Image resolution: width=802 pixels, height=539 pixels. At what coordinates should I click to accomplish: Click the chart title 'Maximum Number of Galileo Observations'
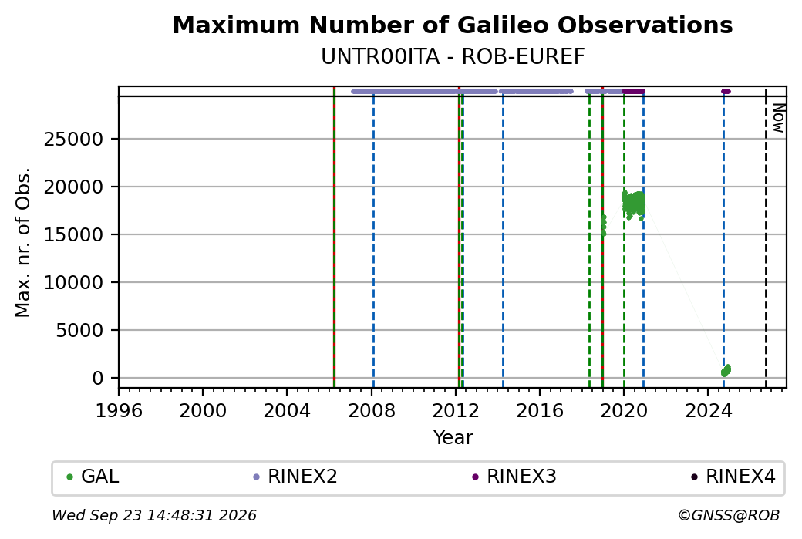click(x=453, y=25)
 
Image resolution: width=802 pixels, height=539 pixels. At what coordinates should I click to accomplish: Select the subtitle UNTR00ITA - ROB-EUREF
click(x=453, y=57)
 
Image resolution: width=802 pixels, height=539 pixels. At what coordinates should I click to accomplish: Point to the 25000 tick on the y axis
click(x=73, y=139)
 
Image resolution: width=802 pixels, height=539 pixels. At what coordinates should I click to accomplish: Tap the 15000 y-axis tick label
click(x=73, y=234)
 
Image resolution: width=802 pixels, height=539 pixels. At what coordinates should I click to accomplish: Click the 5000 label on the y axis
click(x=79, y=330)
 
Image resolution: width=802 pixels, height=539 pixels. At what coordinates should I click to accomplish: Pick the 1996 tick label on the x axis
click(x=119, y=410)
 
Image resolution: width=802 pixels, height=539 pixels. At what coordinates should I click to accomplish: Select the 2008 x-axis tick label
click(x=372, y=410)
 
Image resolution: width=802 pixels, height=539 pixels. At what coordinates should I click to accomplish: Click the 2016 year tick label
click(x=540, y=410)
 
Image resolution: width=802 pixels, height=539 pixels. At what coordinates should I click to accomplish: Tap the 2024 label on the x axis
click(x=708, y=410)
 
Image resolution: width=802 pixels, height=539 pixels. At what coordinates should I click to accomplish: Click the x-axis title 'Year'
click(x=453, y=438)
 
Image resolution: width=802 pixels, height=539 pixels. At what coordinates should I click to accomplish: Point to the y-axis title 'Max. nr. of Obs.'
click(x=23, y=242)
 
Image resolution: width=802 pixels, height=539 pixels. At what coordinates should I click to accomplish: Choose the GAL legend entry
click(x=93, y=477)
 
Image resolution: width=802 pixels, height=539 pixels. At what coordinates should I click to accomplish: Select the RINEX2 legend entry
click(x=295, y=477)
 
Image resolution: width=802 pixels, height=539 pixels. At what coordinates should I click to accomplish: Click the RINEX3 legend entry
click(x=514, y=477)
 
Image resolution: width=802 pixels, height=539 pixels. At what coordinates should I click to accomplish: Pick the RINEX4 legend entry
click(x=733, y=477)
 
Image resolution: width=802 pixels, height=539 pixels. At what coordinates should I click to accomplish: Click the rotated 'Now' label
click(x=778, y=118)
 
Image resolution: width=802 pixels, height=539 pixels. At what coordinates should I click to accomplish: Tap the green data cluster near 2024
click(x=726, y=370)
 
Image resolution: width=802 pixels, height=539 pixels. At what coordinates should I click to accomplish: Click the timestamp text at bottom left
click(x=154, y=515)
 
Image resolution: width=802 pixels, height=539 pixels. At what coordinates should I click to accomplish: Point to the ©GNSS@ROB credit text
click(x=729, y=515)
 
